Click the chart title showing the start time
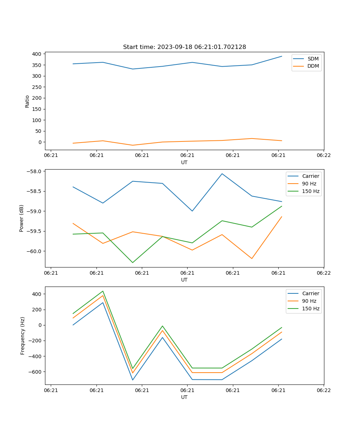(184, 47)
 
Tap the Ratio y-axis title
(27, 101)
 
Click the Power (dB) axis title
(22, 218)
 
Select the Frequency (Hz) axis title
(23, 336)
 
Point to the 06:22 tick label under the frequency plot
(323, 390)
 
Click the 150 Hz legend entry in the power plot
(310, 191)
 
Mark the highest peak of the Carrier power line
(222, 174)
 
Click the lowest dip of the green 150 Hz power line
(132, 262)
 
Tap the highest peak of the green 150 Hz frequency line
(103, 291)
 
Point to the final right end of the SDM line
(282, 56)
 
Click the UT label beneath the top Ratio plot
(184, 162)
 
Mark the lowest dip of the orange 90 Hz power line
(252, 258)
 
